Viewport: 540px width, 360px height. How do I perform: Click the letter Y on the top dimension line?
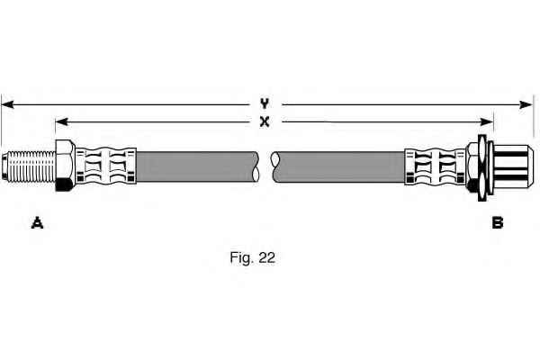[264, 103]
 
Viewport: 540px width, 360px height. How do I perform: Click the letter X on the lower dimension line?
[265, 121]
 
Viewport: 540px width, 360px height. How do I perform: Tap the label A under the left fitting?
[37, 223]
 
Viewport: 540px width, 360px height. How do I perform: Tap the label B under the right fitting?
[498, 223]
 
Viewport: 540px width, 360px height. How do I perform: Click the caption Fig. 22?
[252, 257]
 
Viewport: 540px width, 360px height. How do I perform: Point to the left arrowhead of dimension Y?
[7, 104]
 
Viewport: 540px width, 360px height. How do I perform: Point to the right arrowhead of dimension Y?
[526, 104]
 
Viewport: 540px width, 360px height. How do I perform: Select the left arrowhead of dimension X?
[61, 121]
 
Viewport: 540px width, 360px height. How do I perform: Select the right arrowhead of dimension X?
[487, 121]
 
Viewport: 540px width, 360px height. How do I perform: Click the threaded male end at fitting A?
[29, 166]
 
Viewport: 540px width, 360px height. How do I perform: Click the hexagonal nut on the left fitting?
[65, 166]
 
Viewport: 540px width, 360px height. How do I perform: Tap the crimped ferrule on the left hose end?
[105, 166]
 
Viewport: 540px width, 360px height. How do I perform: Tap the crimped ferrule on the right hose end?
[435, 166]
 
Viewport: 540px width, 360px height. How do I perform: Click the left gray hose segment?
[197, 166]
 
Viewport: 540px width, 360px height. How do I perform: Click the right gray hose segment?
[339, 167]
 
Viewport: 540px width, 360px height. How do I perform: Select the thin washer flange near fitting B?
[482, 167]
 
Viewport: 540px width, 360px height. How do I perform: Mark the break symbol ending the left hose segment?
[256, 166]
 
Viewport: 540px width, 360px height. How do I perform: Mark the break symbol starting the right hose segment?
[275, 167]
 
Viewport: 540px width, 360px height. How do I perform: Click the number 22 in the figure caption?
[267, 257]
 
